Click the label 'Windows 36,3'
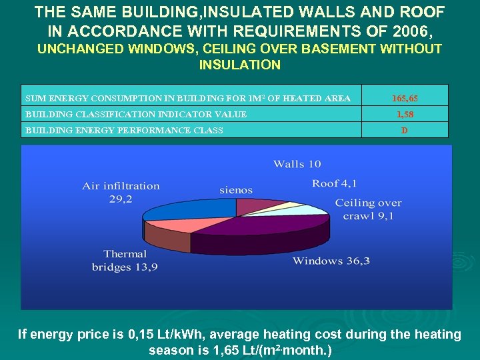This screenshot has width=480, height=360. [331, 261]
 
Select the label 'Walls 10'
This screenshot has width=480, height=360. [297, 164]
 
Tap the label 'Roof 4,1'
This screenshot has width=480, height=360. [335, 183]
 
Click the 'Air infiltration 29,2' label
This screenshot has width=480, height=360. [121, 192]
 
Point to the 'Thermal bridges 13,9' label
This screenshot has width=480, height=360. [125, 260]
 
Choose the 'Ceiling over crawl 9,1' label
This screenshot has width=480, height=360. [368, 209]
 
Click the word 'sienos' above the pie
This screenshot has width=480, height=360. [236, 191]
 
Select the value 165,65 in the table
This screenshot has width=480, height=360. [405, 98]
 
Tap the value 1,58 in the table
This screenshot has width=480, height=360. [405, 114]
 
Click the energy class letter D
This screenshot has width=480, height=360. [405, 130]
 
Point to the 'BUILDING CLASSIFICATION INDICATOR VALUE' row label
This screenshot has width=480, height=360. [136, 114]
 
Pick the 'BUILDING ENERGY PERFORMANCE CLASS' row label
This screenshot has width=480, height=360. [124, 130]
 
